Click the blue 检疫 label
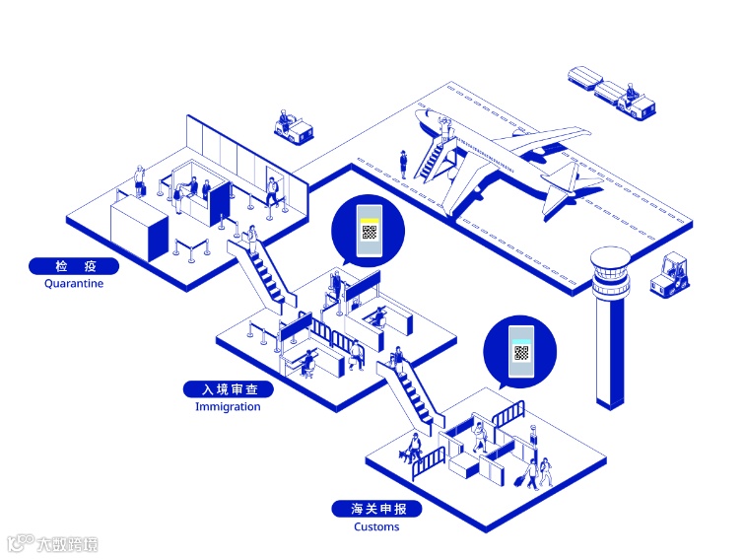tap(74, 266)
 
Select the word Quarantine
tap(74, 284)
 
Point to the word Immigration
tap(228, 406)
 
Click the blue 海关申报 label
tap(376, 509)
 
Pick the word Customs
tap(376, 526)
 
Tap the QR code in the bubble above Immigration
tap(369, 234)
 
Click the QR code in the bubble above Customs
tap(521, 353)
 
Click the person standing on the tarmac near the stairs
tap(403, 164)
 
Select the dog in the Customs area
tap(407, 454)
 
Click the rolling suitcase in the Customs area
tap(519, 481)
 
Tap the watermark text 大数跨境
tap(67, 543)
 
